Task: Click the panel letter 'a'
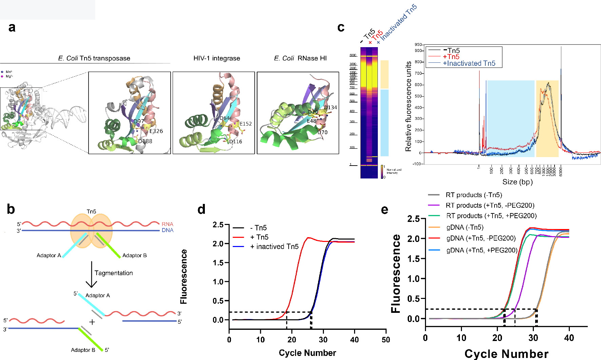click(x=12, y=27)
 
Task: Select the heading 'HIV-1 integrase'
click(x=217, y=58)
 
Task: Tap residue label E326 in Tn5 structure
click(x=156, y=131)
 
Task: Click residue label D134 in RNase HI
click(x=330, y=108)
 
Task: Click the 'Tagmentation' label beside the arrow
click(x=114, y=273)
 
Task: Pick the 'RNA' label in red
click(x=167, y=224)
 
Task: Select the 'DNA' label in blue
click(x=168, y=230)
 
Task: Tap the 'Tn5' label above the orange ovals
click(x=91, y=211)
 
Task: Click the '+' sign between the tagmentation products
click(x=92, y=322)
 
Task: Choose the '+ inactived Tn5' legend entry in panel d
click(x=274, y=247)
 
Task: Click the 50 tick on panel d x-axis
click(x=386, y=340)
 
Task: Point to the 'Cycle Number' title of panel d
click(x=307, y=353)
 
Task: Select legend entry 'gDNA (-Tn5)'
click(x=465, y=227)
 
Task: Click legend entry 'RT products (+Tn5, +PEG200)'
click(x=491, y=216)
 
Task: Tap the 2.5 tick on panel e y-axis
click(x=413, y=219)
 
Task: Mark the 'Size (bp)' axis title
click(x=518, y=182)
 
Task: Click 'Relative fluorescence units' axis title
click(x=408, y=106)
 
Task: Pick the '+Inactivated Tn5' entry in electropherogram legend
click(x=469, y=63)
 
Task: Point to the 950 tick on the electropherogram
click(x=418, y=44)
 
